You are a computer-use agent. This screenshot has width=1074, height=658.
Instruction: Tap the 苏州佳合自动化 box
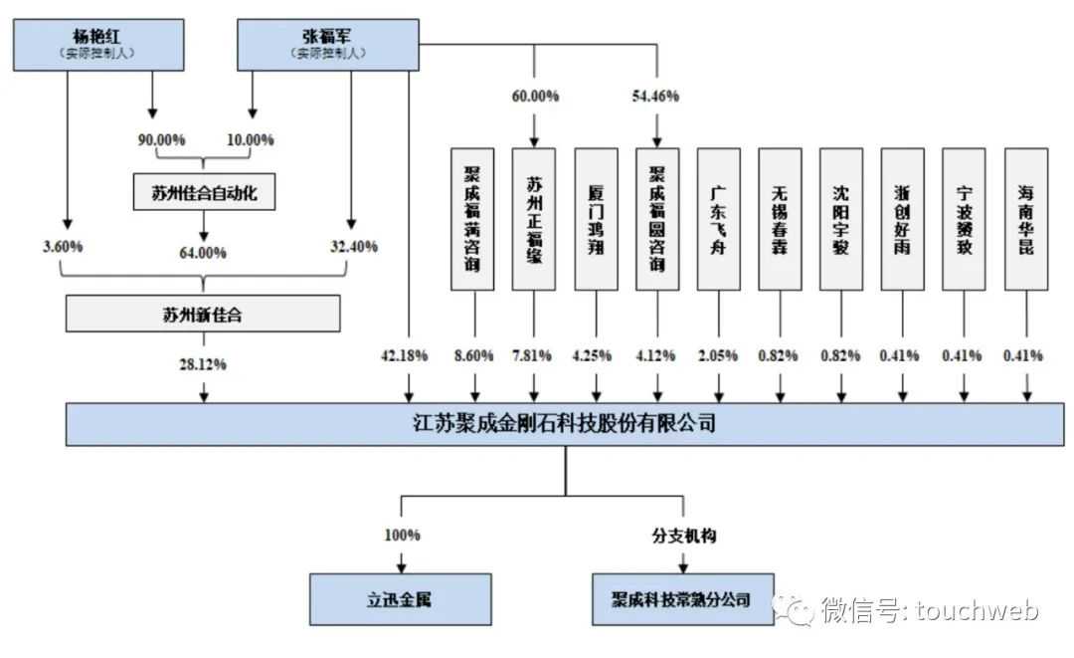point(203,193)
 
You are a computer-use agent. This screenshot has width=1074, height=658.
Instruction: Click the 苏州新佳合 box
point(203,315)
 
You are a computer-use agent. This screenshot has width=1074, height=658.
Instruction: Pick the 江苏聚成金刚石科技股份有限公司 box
point(564,424)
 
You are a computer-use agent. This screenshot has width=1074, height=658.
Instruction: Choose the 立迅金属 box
point(401,600)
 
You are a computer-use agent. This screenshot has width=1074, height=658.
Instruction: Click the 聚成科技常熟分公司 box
point(682,600)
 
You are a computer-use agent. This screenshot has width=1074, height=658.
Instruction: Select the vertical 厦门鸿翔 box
point(596,219)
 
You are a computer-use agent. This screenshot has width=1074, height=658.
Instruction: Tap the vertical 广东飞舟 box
point(719,219)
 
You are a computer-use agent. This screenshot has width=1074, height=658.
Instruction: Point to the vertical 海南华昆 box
point(1025,219)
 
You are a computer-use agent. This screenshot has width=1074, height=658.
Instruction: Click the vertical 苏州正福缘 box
point(534,219)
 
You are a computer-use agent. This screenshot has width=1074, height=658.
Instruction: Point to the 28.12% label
point(203,364)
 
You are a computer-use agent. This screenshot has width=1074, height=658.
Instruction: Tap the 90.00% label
point(162,140)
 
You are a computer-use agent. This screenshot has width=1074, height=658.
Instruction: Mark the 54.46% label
point(655,97)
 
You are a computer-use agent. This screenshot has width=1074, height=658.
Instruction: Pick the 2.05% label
point(719,355)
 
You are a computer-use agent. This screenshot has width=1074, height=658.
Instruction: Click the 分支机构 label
point(682,536)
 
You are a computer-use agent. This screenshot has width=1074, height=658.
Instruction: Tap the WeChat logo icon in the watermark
point(798,608)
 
